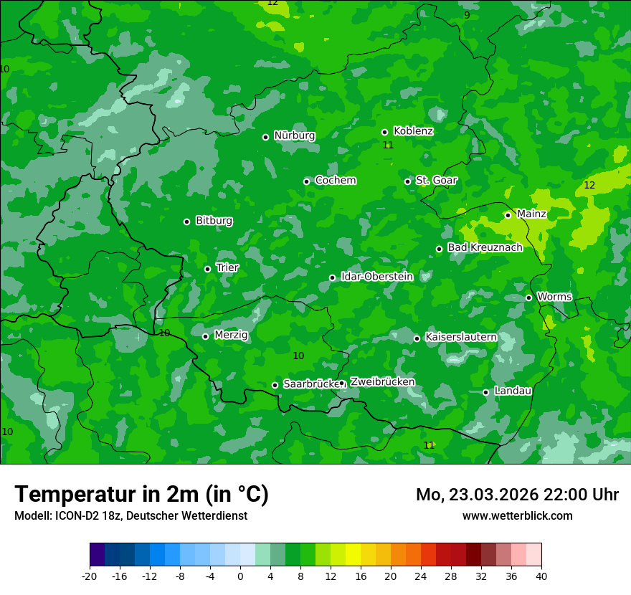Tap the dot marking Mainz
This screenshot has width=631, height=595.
point(508,215)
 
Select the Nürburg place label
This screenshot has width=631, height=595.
point(294,135)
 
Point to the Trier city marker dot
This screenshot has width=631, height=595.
point(208,270)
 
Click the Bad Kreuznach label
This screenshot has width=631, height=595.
point(485,247)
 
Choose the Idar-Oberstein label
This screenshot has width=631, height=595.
point(376,276)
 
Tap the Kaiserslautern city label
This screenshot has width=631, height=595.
point(460,337)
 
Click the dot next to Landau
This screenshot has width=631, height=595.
point(486,392)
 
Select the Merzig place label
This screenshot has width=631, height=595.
point(231,335)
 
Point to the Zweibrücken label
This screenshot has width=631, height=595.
point(382,382)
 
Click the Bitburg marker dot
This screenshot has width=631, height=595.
point(187,222)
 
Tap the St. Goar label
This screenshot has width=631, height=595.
point(436,181)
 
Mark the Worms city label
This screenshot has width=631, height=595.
point(554,297)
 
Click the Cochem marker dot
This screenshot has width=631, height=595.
point(307,181)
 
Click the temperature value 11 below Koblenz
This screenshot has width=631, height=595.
point(388,146)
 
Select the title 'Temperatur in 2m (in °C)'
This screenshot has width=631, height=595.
point(141,495)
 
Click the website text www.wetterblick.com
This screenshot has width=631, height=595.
point(517,516)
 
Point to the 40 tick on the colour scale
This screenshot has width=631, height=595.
point(541,576)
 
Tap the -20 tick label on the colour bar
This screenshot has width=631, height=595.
point(90,576)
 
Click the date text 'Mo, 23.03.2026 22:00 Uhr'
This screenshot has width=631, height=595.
point(517,495)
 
